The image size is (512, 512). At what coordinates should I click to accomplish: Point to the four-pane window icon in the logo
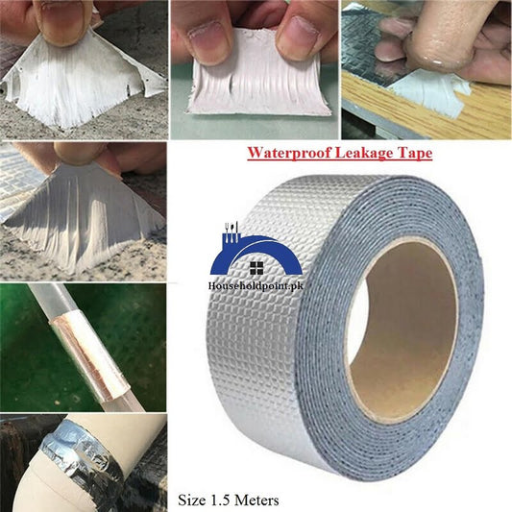[x=256, y=267]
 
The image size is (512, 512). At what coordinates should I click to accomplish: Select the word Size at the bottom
[x=193, y=499]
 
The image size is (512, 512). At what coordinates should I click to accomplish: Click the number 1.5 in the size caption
[x=225, y=499]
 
